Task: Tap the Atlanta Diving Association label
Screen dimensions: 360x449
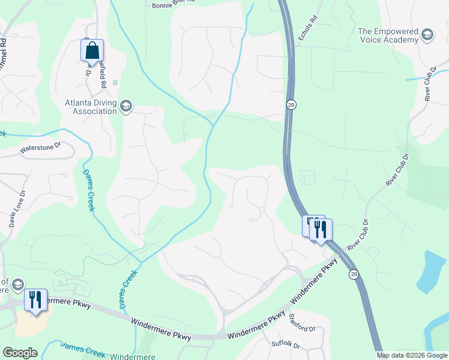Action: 91,107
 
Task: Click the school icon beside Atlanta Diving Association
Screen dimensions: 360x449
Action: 125,107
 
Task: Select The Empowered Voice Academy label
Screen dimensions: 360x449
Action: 387,35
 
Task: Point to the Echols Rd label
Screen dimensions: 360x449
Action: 306,31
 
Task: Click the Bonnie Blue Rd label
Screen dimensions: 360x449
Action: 173,2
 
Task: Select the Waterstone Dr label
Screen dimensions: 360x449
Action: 41,148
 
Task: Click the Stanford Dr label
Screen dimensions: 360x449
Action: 302,323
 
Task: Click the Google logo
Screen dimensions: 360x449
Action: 20,353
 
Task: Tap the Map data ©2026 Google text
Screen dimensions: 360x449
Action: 411,355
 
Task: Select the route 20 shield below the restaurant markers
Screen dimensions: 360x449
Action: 354,274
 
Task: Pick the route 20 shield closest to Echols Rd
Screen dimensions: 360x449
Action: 290,104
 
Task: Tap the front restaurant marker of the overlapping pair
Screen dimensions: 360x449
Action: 321,229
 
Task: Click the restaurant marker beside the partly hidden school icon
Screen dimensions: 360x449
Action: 35,299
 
